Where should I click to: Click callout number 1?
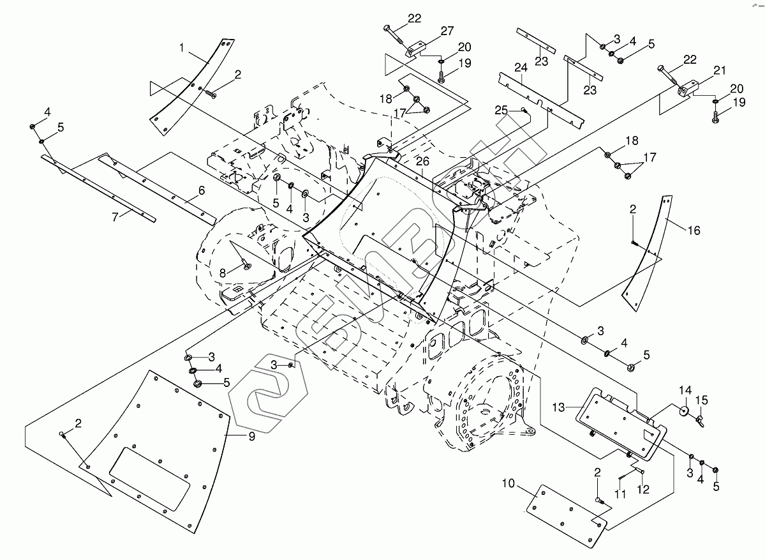coord(182,47)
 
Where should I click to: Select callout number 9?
coord(251,437)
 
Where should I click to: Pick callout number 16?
coord(693,229)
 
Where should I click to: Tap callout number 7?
coord(115,217)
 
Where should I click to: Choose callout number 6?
coord(201,190)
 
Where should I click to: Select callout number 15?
coord(701,400)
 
